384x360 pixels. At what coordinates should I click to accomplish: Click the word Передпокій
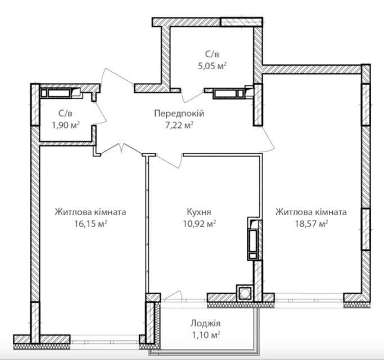pos(179,113)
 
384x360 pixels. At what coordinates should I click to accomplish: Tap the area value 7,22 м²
pos(179,125)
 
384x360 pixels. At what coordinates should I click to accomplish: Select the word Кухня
pos(199,212)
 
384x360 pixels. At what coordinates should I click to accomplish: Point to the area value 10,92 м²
pos(200,224)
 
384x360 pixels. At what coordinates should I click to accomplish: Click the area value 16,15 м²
pos(91,224)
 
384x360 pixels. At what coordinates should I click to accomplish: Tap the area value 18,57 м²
pos(311,224)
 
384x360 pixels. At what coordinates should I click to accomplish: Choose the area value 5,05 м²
pos(212,66)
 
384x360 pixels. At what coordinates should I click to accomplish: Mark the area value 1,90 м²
pos(66,125)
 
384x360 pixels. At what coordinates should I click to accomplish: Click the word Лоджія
pos(205,323)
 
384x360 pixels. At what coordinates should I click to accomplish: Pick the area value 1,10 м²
pos(205,335)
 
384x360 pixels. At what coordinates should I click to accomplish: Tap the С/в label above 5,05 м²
pos(212,54)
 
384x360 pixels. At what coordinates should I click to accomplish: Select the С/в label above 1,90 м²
pos(65,113)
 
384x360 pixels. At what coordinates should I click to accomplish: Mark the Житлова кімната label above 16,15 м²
pos(91,212)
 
